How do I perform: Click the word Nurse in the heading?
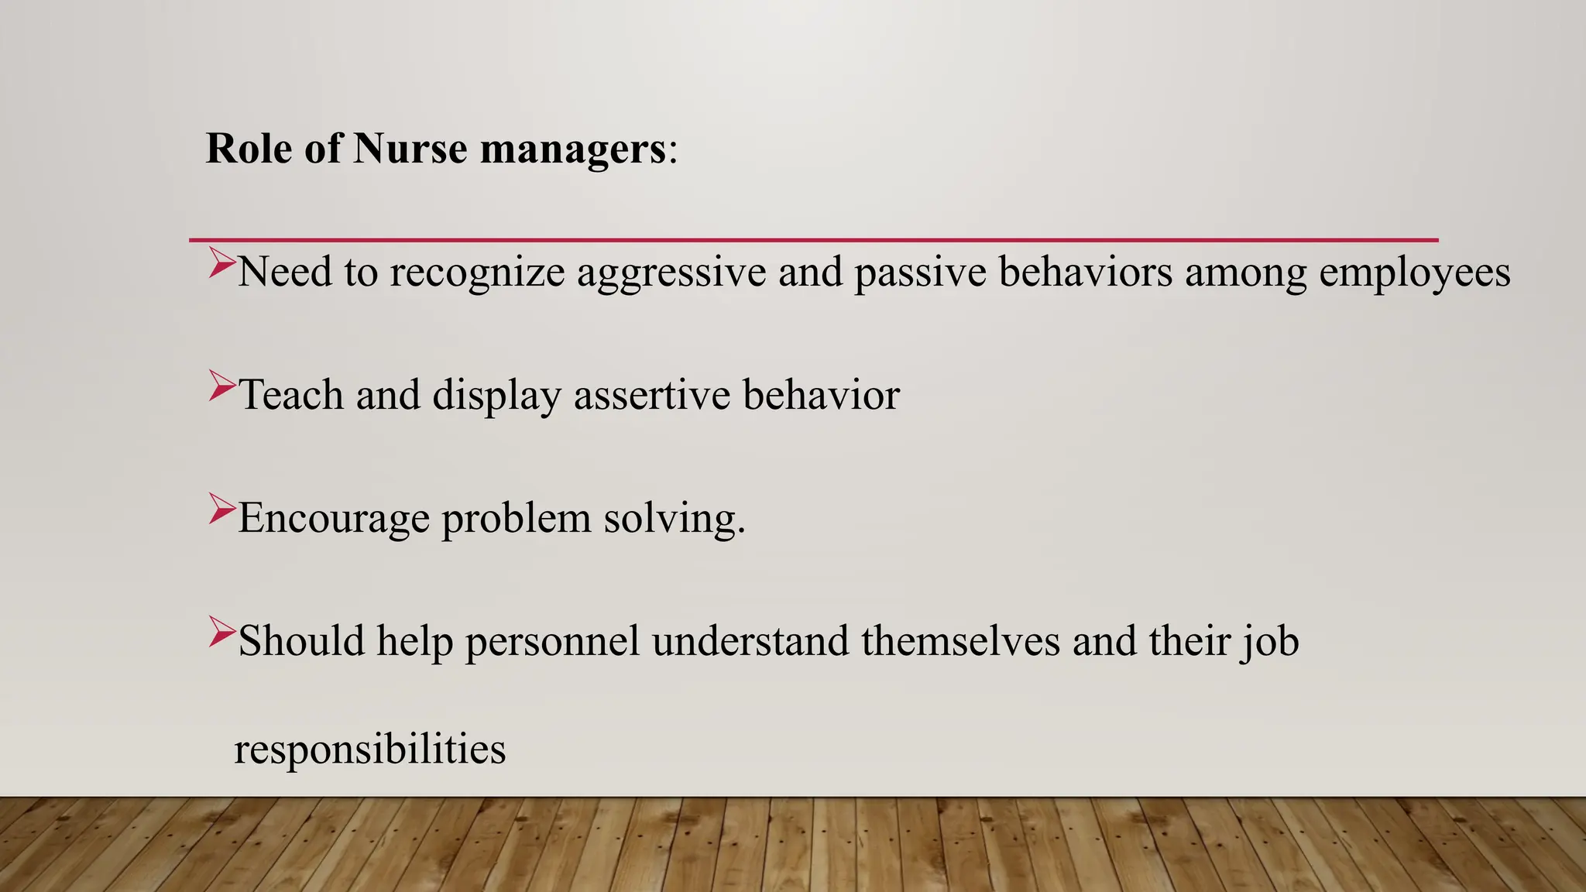point(410,148)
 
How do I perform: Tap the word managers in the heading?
point(572,148)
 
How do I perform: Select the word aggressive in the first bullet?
point(671,273)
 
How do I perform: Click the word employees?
point(1415,273)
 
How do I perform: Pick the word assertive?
point(652,395)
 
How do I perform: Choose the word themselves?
point(960,642)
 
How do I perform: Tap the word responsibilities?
point(370,750)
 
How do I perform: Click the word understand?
point(750,642)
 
